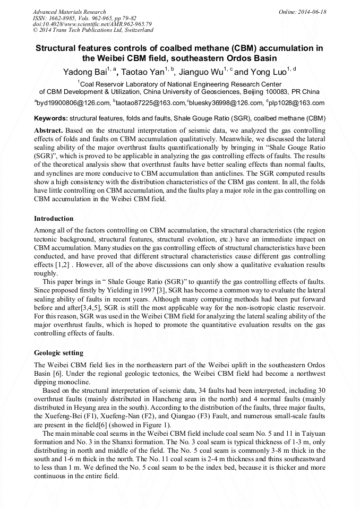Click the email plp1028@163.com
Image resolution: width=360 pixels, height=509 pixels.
(296, 103)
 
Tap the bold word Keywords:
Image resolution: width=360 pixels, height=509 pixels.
(50, 118)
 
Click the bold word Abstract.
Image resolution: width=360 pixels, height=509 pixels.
(48, 130)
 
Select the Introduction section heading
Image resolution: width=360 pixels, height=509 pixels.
(54, 219)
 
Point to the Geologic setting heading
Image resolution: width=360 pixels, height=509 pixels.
(58, 353)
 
